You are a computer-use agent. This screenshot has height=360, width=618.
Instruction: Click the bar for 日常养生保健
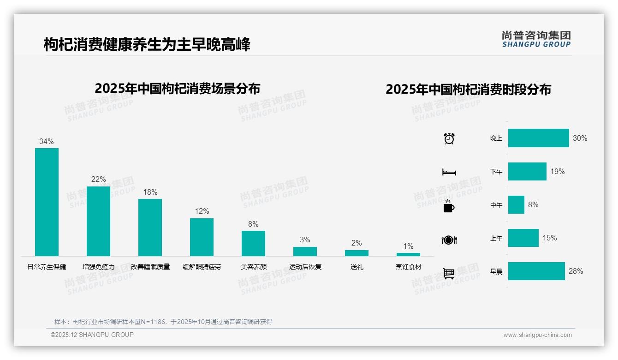(x=47, y=202)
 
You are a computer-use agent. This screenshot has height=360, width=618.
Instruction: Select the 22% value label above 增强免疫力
(x=98, y=179)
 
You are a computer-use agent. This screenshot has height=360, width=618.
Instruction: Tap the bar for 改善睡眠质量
(x=150, y=227)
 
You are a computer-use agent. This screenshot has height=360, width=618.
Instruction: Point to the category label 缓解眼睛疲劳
(x=202, y=267)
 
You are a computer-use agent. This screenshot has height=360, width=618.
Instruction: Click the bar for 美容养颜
(x=253, y=243)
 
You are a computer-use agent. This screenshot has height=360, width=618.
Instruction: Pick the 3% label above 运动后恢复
(x=305, y=240)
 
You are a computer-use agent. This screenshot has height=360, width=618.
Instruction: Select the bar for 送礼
(x=357, y=253)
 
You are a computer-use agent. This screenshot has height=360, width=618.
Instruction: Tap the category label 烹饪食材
(x=408, y=267)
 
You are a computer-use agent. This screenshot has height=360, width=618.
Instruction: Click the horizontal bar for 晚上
(x=538, y=138)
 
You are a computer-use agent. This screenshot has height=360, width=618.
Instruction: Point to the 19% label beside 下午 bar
(x=557, y=171)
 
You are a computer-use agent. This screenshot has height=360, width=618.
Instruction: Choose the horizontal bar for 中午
(x=516, y=204)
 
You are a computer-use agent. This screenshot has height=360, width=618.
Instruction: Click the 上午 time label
(x=496, y=238)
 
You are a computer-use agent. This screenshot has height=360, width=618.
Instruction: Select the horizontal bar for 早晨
(x=536, y=271)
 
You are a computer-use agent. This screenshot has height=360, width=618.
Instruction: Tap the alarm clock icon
(x=449, y=138)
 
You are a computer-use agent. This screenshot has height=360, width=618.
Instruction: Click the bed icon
(x=449, y=172)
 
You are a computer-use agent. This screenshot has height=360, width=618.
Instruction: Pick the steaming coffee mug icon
(x=449, y=206)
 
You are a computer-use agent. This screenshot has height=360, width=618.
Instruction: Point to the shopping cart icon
(x=449, y=273)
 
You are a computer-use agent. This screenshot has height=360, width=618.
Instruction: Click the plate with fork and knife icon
(x=449, y=240)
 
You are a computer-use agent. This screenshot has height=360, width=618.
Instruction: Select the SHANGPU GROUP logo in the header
(x=536, y=39)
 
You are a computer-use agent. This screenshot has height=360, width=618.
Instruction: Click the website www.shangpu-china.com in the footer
(x=537, y=335)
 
